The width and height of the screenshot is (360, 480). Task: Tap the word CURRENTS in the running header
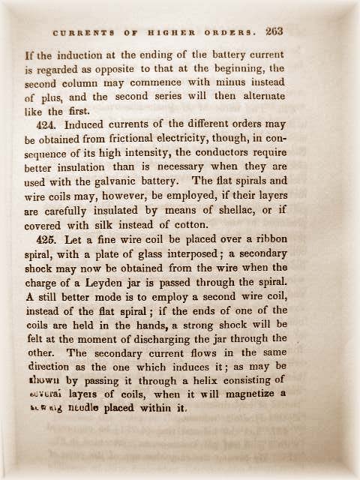coord(80,33)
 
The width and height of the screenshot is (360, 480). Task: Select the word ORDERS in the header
coord(229,33)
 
